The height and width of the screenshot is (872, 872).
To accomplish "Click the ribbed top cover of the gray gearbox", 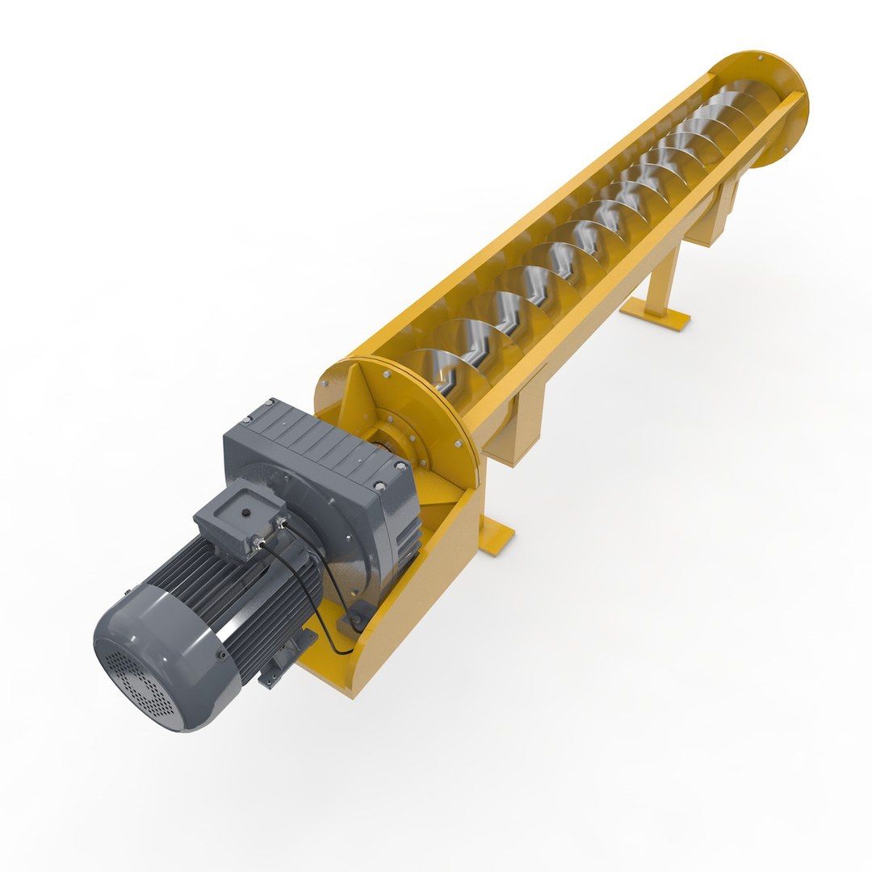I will [x=315, y=440].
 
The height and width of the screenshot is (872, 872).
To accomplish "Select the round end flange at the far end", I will [x=771, y=105].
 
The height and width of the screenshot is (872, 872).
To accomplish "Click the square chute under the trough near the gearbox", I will [x=517, y=428].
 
